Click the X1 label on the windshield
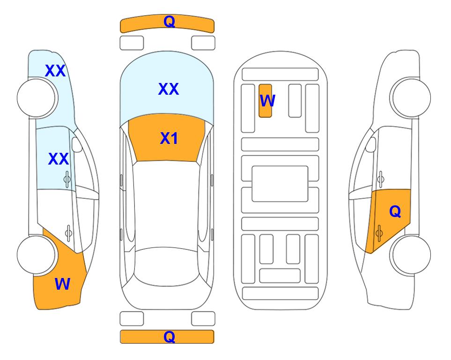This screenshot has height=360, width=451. coord(169,138)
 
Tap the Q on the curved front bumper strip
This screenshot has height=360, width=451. coord(169,22)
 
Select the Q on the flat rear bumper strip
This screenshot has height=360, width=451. coord(169,337)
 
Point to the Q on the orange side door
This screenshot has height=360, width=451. coord(395,212)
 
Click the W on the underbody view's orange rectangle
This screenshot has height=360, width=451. coord(267,100)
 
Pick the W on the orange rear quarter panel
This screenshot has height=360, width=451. coord(62,284)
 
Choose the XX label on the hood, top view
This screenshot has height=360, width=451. coord(169,89)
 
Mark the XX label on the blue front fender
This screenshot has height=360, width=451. coord(56,71)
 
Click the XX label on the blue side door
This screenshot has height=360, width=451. coord(59,159)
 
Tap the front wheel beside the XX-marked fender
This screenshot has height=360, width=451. coord(36,98)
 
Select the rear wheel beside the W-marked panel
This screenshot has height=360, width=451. coord(36,255)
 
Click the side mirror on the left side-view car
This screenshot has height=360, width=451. coord(77,144)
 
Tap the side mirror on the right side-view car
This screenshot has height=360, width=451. coord(371,144)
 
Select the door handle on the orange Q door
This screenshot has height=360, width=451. coord(379,233)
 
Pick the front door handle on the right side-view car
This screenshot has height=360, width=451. coord(381,179)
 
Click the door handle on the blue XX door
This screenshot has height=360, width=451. coord(67,179)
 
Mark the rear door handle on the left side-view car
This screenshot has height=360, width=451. coord(68,233)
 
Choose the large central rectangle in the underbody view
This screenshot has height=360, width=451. coord(280,184)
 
